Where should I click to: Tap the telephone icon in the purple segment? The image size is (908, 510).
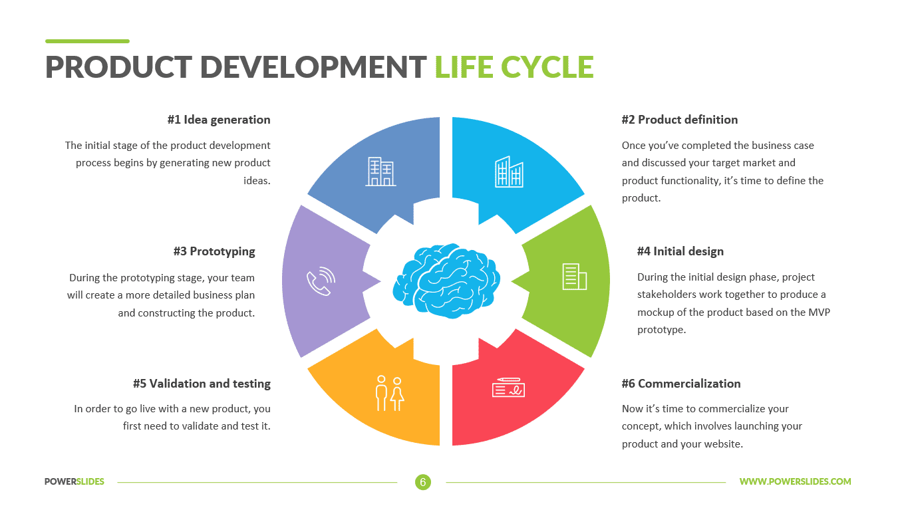(x=320, y=281)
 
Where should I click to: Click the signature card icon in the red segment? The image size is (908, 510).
(x=509, y=387)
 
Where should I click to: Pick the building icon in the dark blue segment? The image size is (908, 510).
(x=381, y=172)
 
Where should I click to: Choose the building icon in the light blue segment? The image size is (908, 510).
(x=509, y=172)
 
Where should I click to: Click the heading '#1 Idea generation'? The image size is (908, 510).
(x=219, y=120)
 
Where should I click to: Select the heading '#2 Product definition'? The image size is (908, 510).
(x=679, y=120)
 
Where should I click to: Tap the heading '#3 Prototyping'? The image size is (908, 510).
(x=214, y=251)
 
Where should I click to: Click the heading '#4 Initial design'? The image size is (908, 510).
(x=680, y=251)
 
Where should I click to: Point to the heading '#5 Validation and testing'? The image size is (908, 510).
(x=202, y=384)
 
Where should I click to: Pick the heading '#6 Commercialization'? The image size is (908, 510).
(x=681, y=384)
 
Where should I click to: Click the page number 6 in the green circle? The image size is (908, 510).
(x=423, y=482)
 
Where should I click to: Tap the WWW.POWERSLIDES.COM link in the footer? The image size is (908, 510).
(x=795, y=482)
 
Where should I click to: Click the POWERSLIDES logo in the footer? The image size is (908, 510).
(x=75, y=482)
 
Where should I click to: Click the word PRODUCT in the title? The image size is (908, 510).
(x=117, y=67)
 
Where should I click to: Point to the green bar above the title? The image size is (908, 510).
(x=87, y=41)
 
